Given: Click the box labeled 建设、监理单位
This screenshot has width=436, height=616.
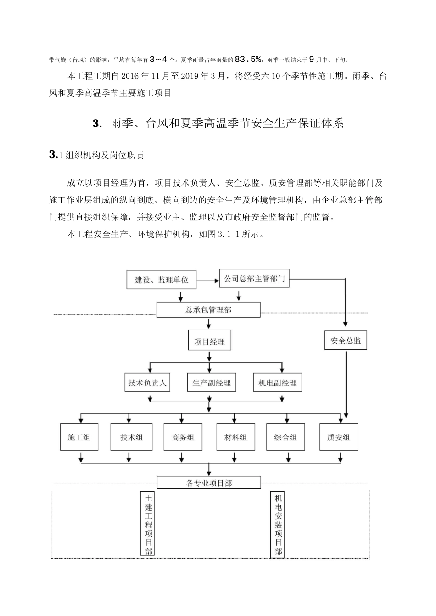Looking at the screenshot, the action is [162, 280].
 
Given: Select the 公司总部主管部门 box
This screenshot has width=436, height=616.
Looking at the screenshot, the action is [254, 278].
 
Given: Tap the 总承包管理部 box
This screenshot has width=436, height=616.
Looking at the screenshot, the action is [208, 310].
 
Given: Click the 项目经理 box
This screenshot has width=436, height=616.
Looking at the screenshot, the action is [210, 340].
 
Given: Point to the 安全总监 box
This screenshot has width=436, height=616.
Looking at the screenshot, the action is [346, 340].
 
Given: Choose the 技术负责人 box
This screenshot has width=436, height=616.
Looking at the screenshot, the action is [147, 382].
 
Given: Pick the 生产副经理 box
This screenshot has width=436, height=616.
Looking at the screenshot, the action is [212, 382].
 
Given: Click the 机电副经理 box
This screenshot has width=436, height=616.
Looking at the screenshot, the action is [278, 382].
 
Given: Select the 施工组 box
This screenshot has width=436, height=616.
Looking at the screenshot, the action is [79, 437].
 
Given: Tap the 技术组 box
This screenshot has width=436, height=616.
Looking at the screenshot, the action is [131, 437].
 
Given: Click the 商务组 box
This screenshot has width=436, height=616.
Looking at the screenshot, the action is [183, 437].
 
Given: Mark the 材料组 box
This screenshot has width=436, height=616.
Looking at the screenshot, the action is [236, 437].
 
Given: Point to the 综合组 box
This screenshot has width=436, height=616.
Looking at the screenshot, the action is [285, 437].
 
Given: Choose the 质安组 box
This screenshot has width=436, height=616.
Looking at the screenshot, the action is [339, 437].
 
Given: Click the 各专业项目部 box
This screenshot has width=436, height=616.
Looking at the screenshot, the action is [209, 482].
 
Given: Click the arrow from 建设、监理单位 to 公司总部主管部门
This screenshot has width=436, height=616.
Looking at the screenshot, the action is [208, 281].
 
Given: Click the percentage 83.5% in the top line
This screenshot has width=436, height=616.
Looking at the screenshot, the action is [248, 59].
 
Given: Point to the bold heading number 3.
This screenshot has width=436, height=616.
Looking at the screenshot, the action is [97, 123].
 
